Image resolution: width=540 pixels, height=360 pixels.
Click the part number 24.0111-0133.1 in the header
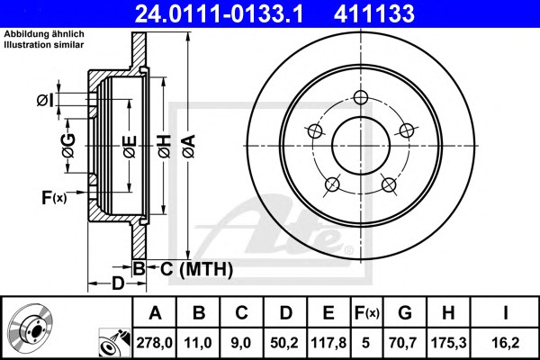pos(219,13)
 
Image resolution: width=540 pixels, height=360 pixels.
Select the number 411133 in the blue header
pos(374,13)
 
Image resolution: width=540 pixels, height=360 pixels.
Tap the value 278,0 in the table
pos(154,343)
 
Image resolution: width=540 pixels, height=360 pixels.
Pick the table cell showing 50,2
pos(284,343)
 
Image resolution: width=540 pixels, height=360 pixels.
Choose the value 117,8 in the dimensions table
pos(328,343)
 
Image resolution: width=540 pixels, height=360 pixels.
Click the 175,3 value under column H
pos(449,343)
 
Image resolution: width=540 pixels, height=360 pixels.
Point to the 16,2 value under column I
pos(505,343)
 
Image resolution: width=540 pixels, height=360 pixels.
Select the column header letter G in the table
pos(405,313)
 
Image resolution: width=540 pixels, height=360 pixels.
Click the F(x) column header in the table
pos(366,313)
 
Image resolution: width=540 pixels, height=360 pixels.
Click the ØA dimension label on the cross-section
pos(189,146)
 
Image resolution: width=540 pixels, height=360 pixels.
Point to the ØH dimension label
pos(165,146)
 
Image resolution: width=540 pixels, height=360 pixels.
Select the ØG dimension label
pos(69,146)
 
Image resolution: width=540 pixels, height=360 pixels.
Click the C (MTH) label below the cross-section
pos(196,269)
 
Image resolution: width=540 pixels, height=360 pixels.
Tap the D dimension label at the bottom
pos(118,283)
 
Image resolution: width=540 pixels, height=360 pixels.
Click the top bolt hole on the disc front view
pos(361,97)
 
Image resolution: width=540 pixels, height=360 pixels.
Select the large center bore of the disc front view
pos(361,146)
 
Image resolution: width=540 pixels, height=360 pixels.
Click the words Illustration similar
pos(44,45)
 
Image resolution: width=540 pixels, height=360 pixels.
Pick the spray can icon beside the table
pos(114,343)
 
